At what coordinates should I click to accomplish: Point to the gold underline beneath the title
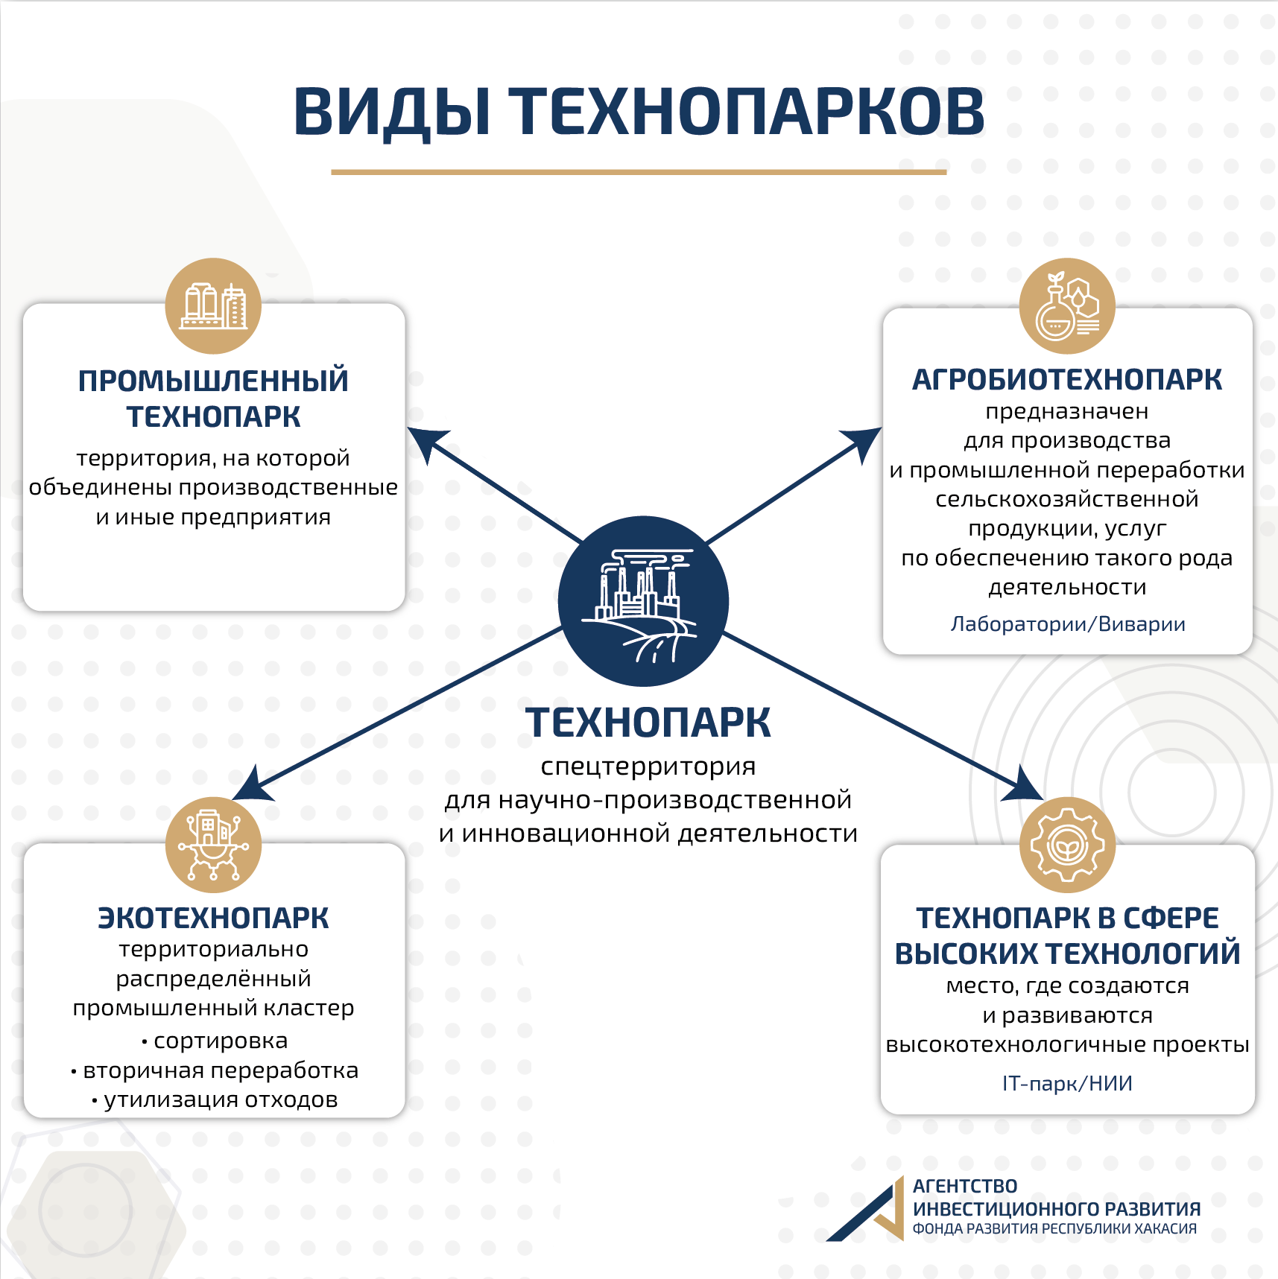639,172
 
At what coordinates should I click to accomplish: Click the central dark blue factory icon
643,601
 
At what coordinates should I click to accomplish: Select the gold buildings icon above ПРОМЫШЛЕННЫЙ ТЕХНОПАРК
213,305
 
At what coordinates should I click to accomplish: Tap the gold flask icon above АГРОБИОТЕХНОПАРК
1067,305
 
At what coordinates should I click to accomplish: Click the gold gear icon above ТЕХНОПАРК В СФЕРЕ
1067,845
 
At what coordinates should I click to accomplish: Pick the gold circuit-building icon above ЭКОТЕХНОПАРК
213,845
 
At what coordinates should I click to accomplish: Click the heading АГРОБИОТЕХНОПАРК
1067,380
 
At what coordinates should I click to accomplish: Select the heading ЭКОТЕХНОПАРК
213,918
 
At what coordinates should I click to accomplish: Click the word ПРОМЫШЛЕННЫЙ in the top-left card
213,381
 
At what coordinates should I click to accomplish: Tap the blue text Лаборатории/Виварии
1068,624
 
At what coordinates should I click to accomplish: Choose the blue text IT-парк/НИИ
1067,1083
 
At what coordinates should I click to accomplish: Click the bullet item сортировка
215,1041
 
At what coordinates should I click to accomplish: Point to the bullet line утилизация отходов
215,1099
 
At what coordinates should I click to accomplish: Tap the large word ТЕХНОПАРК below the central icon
648,723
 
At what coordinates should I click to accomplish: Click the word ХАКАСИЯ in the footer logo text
1165,1229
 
